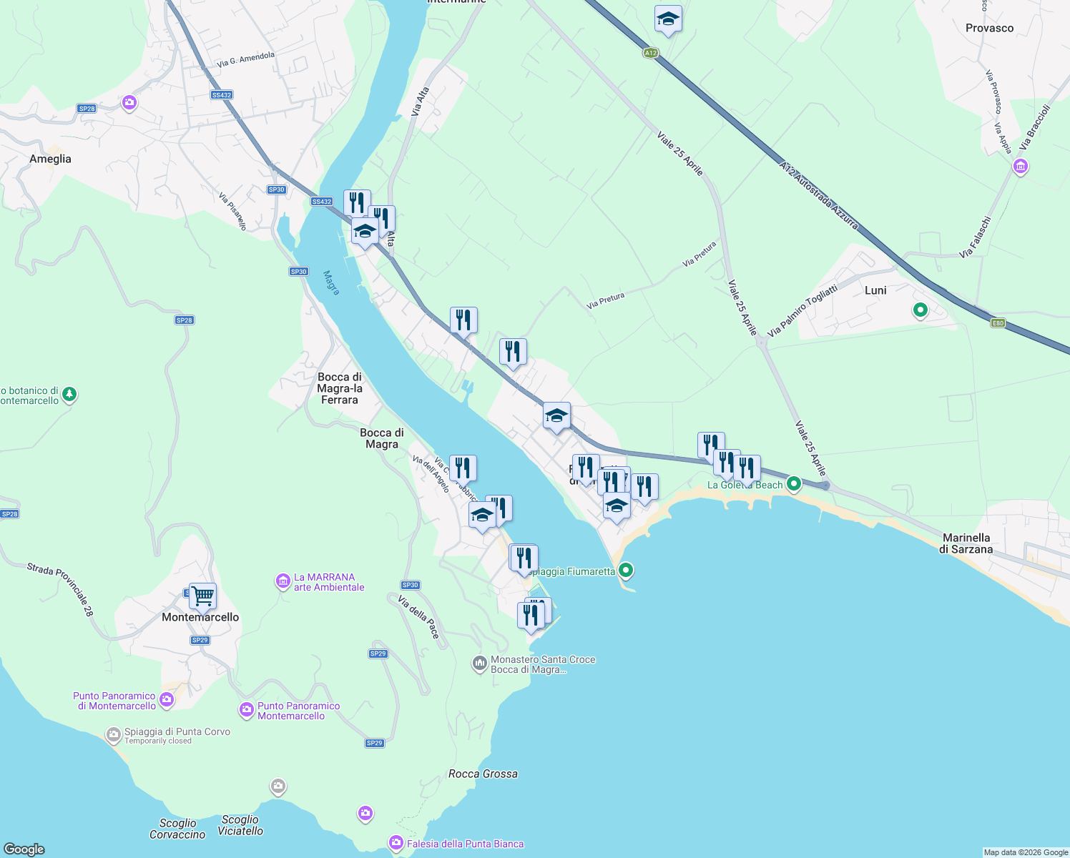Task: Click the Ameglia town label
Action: [50, 159]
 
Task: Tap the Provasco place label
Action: [989, 28]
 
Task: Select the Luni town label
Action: [875, 290]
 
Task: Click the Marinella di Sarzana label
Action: [966, 543]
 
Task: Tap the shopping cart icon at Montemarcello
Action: [202, 595]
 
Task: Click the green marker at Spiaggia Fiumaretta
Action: [626, 570]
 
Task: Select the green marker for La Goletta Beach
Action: [793, 484]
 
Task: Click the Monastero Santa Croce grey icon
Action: [479, 664]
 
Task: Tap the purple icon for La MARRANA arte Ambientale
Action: [283, 581]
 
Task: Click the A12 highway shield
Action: [649, 53]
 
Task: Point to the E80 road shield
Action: [998, 323]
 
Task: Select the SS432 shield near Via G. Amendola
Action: [222, 95]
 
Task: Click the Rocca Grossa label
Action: [483, 774]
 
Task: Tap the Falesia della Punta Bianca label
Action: [465, 844]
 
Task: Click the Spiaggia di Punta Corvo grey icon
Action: [113, 734]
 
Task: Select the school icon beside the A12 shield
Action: [667, 19]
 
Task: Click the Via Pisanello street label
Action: [232, 211]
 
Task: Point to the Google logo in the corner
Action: [24, 849]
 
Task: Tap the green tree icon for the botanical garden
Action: [69, 394]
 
